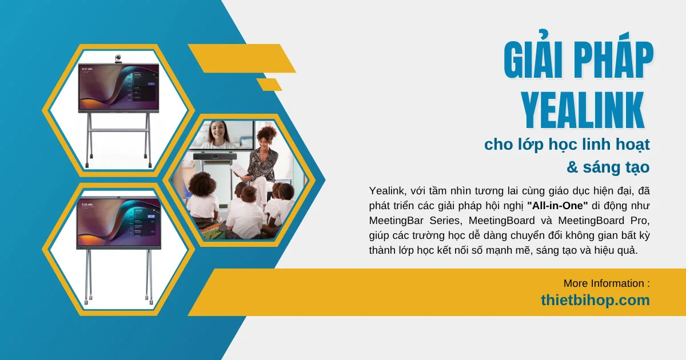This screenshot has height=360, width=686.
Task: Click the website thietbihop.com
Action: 595,300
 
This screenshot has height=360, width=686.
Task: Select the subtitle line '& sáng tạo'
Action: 608,167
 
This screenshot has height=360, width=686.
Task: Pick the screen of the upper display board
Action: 119,86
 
